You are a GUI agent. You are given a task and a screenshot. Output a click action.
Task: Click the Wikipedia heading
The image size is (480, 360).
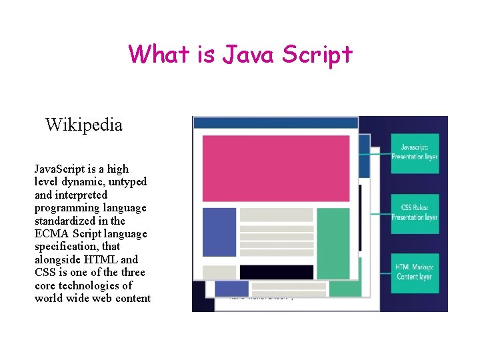click(84, 125)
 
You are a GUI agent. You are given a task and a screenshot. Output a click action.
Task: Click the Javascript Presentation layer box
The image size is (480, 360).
click(415, 153)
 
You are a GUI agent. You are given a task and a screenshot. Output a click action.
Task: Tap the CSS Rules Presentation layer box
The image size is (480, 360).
click(415, 213)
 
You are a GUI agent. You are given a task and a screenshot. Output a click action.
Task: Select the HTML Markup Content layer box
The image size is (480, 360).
click(415, 272)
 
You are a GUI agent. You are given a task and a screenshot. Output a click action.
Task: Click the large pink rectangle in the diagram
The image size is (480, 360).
click(275, 167)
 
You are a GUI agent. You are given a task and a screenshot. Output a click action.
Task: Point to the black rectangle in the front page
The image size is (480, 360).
click(276, 272)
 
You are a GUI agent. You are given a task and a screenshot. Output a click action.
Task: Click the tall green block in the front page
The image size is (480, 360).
click(333, 243)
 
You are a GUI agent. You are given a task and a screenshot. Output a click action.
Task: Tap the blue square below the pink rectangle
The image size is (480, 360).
click(219, 232)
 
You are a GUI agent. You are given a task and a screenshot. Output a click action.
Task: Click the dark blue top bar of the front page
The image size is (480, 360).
click(275, 123)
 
